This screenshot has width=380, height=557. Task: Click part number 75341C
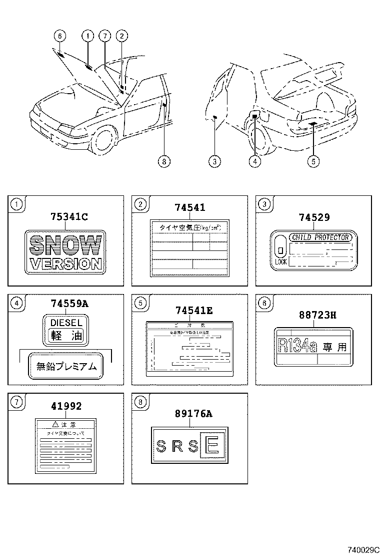[x=68, y=216]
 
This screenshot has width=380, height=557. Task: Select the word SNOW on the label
[x=65, y=245]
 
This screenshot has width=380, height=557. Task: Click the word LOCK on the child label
[x=280, y=262]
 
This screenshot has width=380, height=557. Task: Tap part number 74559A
[x=69, y=304]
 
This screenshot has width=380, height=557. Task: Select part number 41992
[x=65, y=406]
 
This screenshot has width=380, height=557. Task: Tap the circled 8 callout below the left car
[x=163, y=161]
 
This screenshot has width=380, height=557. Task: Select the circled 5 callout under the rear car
[x=313, y=161]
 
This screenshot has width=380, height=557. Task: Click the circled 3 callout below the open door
[x=214, y=161]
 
